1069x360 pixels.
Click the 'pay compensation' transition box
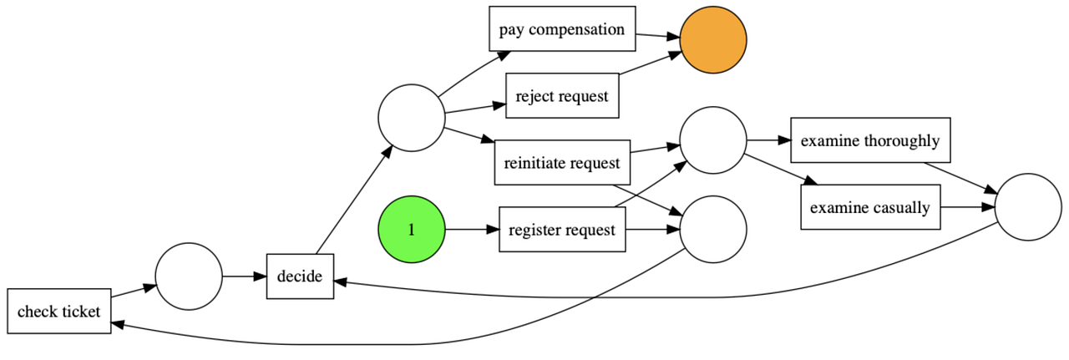pos(562,29)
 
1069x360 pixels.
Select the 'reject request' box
pos(562,95)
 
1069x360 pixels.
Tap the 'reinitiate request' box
pos(562,162)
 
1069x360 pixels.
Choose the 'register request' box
pos(562,230)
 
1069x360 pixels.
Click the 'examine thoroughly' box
pos(870,140)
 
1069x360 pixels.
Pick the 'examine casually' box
pos(870,207)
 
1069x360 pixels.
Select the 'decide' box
pos(300,276)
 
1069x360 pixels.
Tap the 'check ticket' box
pos(58,312)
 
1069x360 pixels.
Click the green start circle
pos(411,230)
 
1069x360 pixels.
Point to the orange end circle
pos(712,39)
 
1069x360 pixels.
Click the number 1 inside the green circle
pos(411,230)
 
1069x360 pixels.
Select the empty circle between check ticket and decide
pos(189,276)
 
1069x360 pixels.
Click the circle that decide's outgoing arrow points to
pos(411,118)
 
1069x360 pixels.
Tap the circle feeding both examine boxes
pos(712,140)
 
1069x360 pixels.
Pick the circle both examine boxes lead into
pos(1028,207)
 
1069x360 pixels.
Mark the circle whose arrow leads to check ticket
pos(712,230)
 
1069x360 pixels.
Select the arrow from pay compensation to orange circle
pos(658,35)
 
